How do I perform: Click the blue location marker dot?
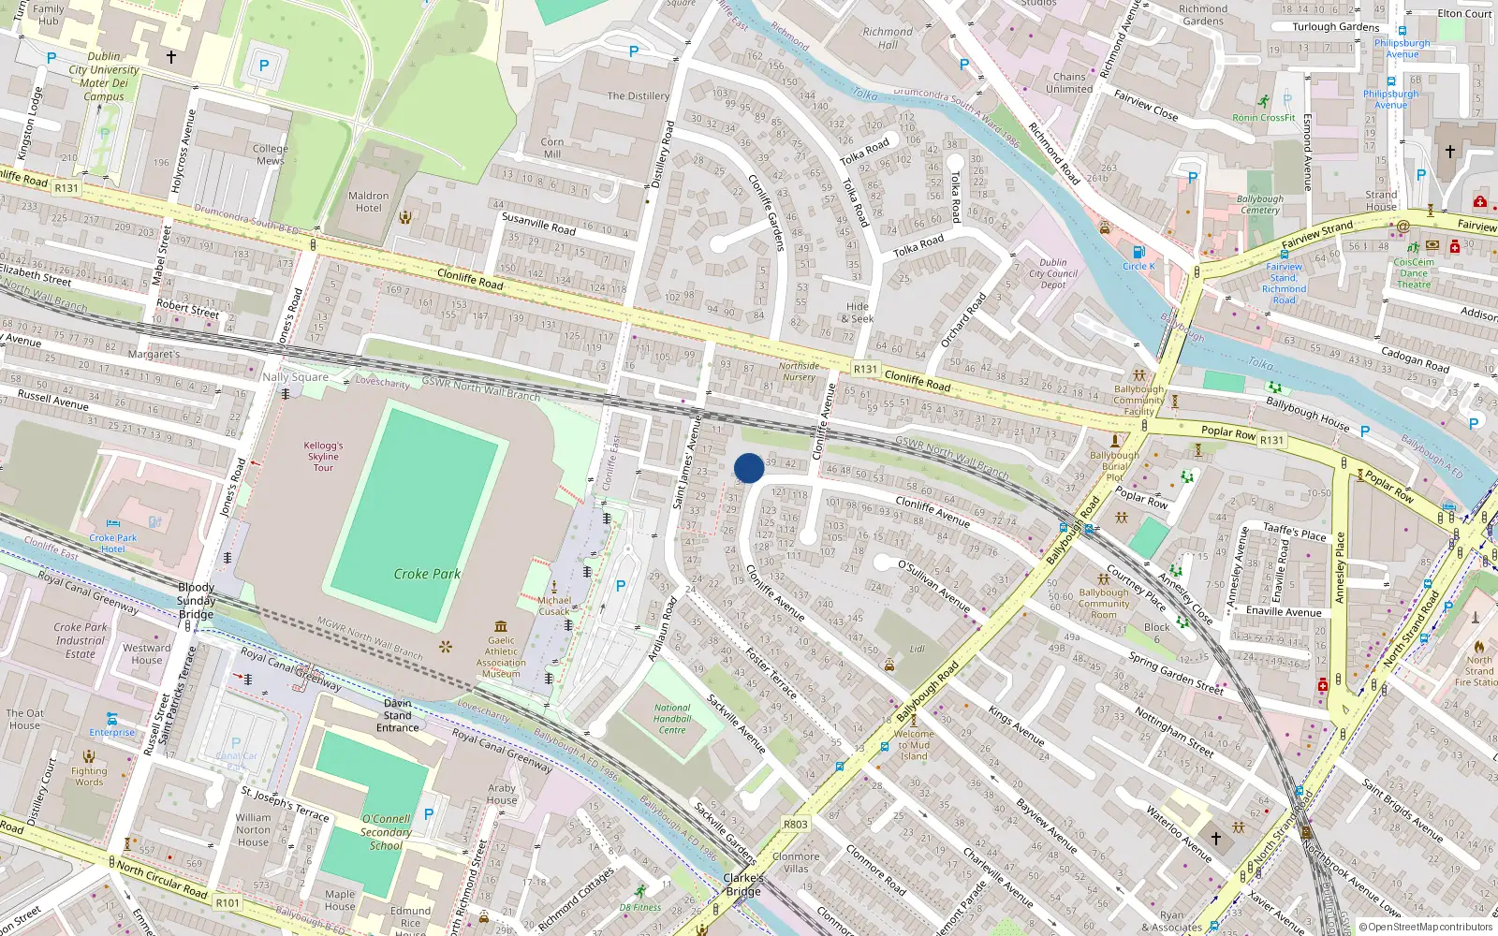pos(749,468)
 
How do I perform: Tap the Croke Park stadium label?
pos(427,574)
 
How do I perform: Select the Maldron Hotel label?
pos(368,201)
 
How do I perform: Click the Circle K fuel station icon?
pos(1138,253)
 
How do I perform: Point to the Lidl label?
pos(917,649)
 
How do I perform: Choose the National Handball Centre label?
pos(672,719)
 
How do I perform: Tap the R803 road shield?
pos(795,825)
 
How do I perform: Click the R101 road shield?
pos(228,903)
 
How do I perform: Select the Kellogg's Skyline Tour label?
pos(323,457)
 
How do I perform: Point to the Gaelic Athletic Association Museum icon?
pos(501,626)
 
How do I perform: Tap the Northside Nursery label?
pos(799,372)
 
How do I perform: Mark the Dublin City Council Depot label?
pos(1053,274)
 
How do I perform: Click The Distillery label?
pos(638,95)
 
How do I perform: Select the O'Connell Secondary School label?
pos(386,832)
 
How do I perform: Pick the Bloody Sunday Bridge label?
pos(196,601)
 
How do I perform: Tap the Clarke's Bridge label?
pos(743,885)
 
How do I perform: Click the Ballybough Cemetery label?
pos(1259,204)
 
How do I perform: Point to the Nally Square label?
pos(295,377)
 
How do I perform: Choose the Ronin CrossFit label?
pos(1264,118)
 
